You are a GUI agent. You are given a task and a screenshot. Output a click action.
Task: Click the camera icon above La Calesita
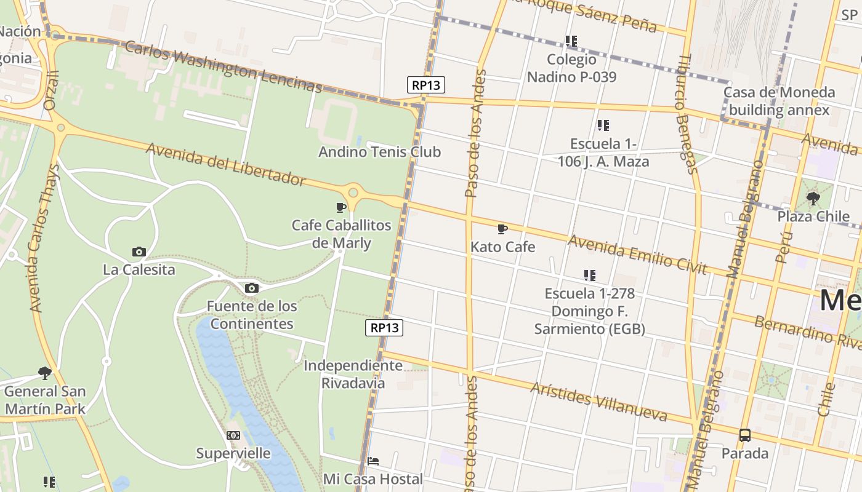pos(139,252)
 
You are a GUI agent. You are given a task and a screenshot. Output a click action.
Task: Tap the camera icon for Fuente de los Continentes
pos(251,288)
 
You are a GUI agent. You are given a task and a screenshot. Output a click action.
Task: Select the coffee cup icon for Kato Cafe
pos(502,229)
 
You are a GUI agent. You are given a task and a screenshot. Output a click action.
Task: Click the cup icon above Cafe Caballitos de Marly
pos(341,207)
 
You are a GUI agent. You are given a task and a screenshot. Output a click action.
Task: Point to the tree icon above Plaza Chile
pos(813,198)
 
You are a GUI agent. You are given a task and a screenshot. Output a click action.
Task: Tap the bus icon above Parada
pos(745,435)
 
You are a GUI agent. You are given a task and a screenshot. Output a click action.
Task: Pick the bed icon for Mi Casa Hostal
pos(373,461)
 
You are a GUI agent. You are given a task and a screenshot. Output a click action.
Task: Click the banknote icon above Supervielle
pos(233,435)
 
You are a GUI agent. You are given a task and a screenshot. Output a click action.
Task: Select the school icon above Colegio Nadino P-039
pos(571,41)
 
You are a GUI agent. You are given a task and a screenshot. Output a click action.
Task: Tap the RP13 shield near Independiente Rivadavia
pos(384,328)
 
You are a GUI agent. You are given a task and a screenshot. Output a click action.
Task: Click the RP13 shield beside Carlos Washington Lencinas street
pos(425,85)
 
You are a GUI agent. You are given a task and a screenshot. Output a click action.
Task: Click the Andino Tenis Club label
pos(379,151)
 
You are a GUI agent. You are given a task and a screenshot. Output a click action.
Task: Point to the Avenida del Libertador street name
pos(225,164)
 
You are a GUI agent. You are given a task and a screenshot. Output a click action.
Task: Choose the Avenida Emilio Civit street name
pos(637,253)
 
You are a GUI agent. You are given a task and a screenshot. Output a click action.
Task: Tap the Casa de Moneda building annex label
pos(779,101)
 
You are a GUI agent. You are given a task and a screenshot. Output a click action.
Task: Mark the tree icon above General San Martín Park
pos(45,373)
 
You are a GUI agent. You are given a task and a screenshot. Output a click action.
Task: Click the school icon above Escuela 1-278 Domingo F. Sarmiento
pos(590,275)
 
